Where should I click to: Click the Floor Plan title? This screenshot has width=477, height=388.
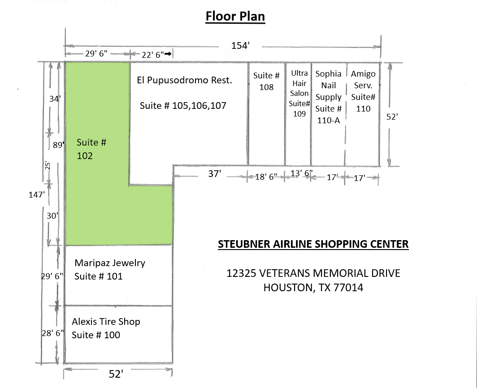tap(235, 17)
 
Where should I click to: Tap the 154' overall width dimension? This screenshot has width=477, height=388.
tap(240, 45)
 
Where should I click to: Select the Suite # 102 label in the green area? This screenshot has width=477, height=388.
tap(91, 149)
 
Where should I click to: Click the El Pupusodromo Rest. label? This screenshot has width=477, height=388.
tap(184, 80)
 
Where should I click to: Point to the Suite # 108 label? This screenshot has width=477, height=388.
tap(266, 81)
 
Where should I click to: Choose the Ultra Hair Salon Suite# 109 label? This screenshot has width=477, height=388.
tap(299, 93)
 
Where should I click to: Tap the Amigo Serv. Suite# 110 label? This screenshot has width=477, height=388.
tap(363, 91)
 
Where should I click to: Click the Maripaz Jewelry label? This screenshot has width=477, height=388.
tap(110, 263)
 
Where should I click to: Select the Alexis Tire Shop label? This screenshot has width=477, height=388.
tap(106, 322)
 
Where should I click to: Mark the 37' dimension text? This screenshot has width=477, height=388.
tap(214, 174)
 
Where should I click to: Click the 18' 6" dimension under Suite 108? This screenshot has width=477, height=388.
tap(266, 177)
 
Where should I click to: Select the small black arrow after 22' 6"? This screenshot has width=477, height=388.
tap(169, 54)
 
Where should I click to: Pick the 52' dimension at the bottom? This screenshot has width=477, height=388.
tap(116, 374)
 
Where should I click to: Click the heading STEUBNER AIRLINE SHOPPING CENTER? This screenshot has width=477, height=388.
tap(313, 244)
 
